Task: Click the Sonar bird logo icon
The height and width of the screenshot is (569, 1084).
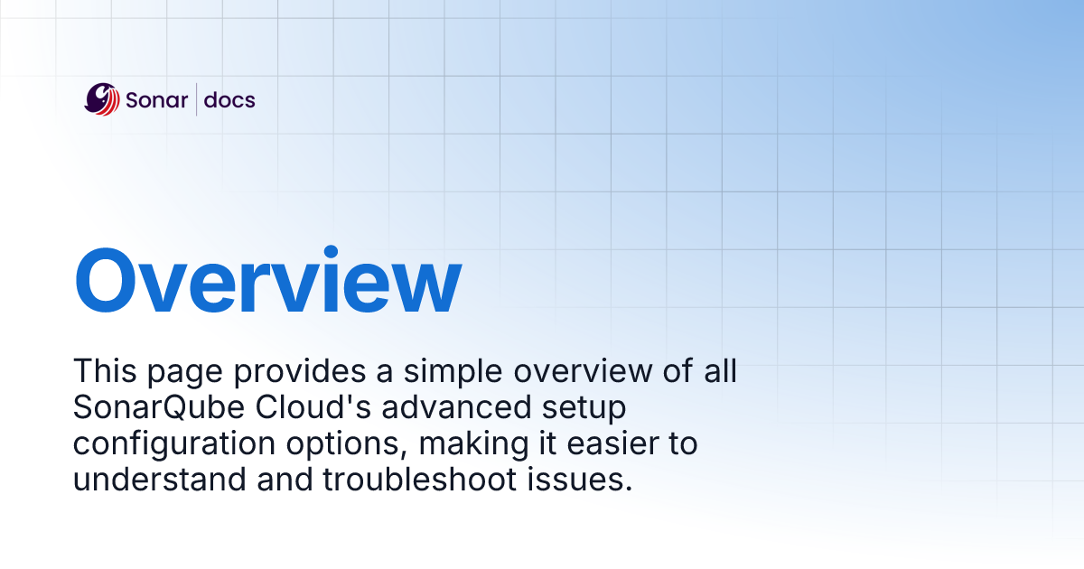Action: pyautogui.click(x=102, y=99)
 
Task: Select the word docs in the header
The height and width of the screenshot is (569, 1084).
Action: pyautogui.click(x=229, y=99)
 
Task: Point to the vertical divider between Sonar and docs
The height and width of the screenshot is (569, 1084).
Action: pyautogui.click(x=196, y=99)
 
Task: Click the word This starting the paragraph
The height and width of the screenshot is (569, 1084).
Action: pyautogui.click(x=104, y=371)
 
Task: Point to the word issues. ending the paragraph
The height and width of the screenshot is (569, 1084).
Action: pyautogui.click(x=584, y=480)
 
